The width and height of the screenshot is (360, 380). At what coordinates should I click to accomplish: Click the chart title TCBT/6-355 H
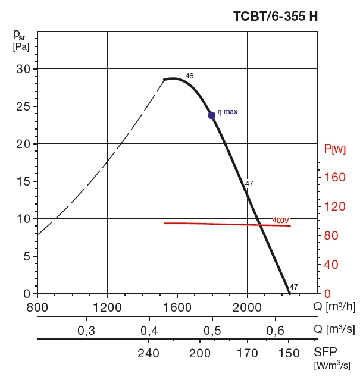tap(275, 17)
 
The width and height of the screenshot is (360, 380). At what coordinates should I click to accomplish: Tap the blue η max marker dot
tap(211, 115)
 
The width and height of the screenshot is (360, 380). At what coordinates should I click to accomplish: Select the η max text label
tap(227, 111)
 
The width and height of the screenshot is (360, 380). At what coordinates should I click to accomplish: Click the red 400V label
tap(280, 220)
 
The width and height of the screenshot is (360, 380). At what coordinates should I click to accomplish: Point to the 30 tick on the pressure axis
tap(23, 69)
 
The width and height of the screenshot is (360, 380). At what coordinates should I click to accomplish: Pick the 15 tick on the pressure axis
tap(23, 181)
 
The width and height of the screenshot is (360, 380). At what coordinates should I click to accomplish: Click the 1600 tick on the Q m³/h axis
tap(177, 307)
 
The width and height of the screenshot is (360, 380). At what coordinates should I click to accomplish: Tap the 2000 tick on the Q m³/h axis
tap(247, 307)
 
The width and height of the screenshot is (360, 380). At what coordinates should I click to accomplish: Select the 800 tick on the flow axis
tap(37, 307)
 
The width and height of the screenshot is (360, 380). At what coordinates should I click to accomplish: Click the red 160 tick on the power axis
tap(335, 177)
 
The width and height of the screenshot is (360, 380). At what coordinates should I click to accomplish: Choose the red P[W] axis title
tap(335, 149)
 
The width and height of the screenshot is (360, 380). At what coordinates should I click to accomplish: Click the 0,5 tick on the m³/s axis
tap(211, 331)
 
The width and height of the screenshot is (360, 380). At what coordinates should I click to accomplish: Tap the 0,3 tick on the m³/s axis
tap(86, 331)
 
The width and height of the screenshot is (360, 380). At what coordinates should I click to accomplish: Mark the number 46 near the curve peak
tap(189, 76)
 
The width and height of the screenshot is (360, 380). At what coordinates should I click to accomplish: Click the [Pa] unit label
tap(21, 46)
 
